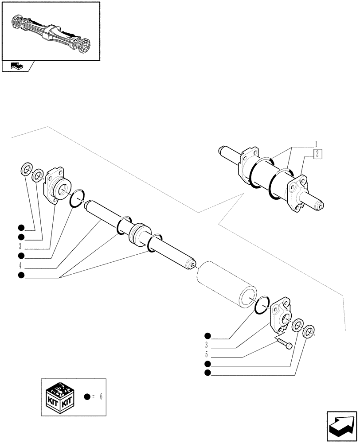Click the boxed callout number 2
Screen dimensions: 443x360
317,154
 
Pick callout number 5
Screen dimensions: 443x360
207,354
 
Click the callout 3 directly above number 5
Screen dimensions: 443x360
207,345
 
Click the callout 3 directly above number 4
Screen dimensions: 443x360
20,247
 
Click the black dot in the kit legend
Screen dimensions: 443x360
87,396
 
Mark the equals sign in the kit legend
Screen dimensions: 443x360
94,396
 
